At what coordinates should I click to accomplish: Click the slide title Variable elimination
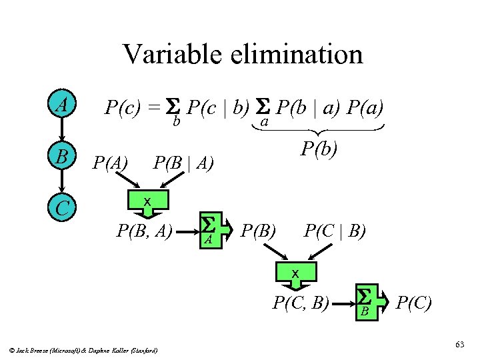[x=243, y=54]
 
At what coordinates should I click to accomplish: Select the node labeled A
[x=62, y=105]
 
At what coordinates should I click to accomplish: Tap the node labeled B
[x=62, y=158]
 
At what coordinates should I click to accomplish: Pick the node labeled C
[x=62, y=208]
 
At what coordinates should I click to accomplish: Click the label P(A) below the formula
[x=110, y=162]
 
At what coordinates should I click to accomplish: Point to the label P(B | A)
[x=183, y=162]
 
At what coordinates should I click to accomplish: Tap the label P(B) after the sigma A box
[x=259, y=231]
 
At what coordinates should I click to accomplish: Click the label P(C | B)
[x=335, y=231]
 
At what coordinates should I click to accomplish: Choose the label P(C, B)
[x=301, y=303]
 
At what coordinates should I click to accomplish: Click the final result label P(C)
[x=413, y=303]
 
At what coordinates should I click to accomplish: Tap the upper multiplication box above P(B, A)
[x=147, y=202]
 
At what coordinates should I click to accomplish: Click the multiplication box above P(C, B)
[x=294, y=273]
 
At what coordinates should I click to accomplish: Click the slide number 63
[x=459, y=344]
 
